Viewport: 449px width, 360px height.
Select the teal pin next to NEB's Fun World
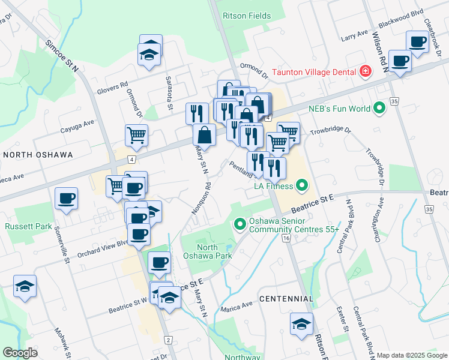click(379, 109)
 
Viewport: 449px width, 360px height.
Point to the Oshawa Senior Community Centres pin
click(240, 225)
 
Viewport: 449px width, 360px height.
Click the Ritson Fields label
click(246, 16)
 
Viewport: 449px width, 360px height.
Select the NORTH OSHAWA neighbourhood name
click(38, 155)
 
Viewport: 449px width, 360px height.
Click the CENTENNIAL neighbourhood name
click(286, 298)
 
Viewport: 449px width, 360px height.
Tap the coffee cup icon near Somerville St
click(66, 199)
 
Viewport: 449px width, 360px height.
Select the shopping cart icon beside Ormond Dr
click(136, 135)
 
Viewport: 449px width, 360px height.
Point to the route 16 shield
click(286, 238)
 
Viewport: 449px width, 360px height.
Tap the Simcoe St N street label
click(62, 56)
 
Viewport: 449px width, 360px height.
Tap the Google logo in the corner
click(20, 353)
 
